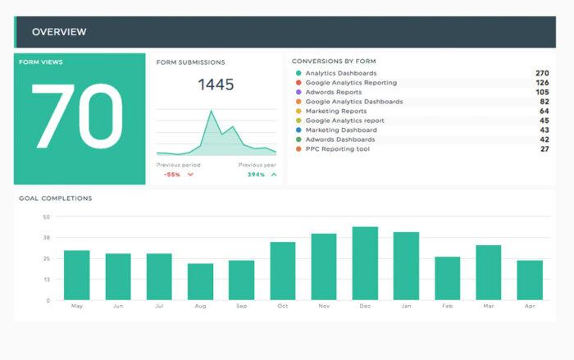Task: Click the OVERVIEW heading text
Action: tap(59, 32)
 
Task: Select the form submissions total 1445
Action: tap(216, 84)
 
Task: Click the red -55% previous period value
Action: tap(172, 175)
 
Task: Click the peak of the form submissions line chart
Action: tap(211, 112)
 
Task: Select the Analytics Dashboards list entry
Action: tap(336, 73)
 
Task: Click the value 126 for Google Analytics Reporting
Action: tap(542, 83)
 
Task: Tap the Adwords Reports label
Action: tap(333, 92)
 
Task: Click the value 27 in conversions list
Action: tap(544, 149)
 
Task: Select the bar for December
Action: tap(365, 263)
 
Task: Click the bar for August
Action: tap(200, 281)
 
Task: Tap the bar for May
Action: tap(77, 275)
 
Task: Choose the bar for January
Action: tap(406, 266)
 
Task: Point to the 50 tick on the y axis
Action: tap(47, 217)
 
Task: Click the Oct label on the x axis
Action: tap(283, 307)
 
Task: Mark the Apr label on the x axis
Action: tap(530, 307)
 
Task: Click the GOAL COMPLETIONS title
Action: tap(56, 198)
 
